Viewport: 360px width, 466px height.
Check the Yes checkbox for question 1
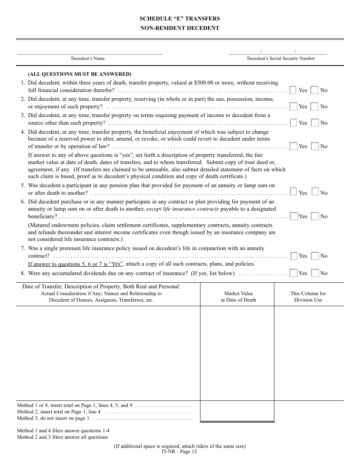click(x=293, y=90)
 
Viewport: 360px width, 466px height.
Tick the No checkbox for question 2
click(x=315, y=106)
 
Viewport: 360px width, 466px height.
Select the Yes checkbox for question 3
click(x=293, y=123)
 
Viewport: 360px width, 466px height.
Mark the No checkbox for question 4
click(x=315, y=146)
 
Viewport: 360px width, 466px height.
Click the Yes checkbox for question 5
click(x=293, y=192)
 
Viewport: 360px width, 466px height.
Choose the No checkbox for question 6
click(x=315, y=216)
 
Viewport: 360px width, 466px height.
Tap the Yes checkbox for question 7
click(x=294, y=256)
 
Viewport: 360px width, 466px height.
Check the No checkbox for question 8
click(x=315, y=273)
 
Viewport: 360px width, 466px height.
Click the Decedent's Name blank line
click(x=89, y=52)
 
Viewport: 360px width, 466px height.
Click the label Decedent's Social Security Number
click(x=281, y=58)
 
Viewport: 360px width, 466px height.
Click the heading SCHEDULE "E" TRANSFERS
click(x=180, y=19)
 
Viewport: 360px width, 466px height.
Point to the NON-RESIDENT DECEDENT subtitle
click(x=180, y=28)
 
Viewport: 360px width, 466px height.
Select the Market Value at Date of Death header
click(x=238, y=297)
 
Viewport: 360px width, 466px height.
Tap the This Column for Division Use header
click(x=308, y=297)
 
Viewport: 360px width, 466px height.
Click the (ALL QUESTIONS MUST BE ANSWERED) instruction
click(x=80, y=74)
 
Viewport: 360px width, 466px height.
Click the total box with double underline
click(x=237, y=411)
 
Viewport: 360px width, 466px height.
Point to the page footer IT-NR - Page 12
click(x=180, y=451)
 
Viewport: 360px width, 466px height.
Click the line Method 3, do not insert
click(x=53, y=418)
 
